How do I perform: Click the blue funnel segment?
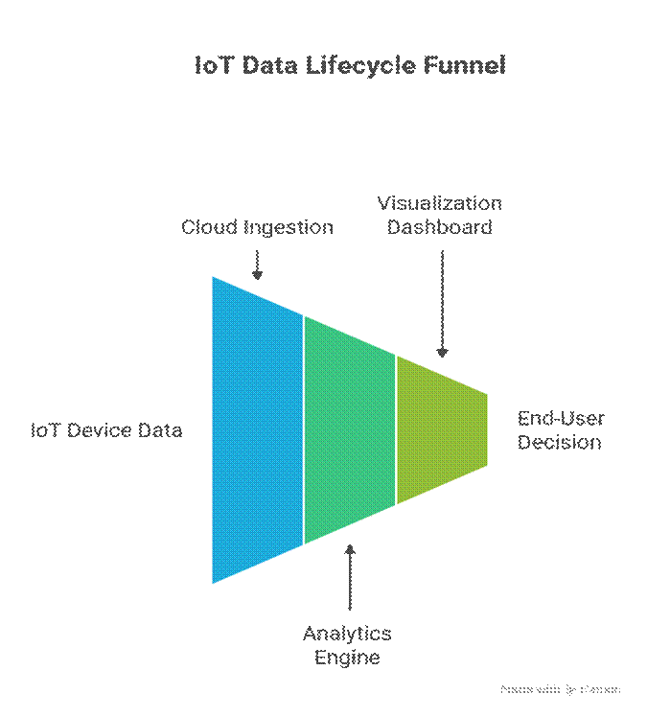[x=257, y=429]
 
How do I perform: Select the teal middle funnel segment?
[x=349, y=429]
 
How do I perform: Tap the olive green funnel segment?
[x=441, y=429]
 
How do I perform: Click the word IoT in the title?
[x=212, y=66]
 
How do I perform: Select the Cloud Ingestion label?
[x=257, y=227]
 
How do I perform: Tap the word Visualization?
[x=439, y=203]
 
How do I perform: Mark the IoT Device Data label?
[x=105, y=429]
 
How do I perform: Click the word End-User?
[x=561, y=419]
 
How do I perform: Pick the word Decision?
[x=560, y=442]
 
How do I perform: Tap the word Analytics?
[x=347, y=634]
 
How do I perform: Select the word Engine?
[x=347, y=658]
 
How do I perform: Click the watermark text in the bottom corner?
[x=561, y=688]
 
